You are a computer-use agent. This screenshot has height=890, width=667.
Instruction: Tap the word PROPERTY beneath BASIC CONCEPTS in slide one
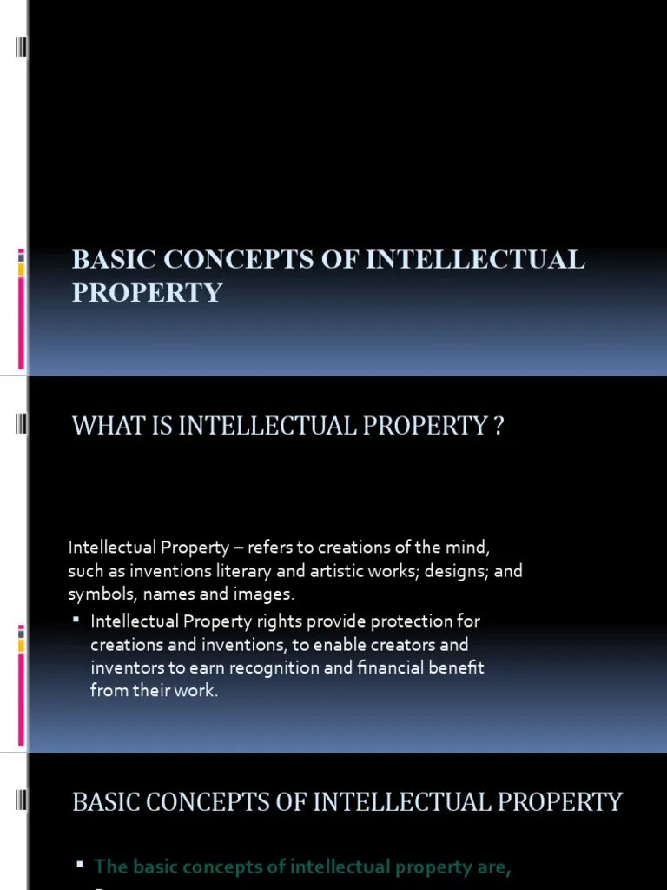click(147, 292)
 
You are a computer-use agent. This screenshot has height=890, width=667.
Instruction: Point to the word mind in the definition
click(469, 548)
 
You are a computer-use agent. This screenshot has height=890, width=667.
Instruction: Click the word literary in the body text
click(247, 571)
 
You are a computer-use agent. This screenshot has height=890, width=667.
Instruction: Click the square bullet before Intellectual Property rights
click(76, 620)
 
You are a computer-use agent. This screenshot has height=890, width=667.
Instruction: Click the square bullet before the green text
click(79, 841)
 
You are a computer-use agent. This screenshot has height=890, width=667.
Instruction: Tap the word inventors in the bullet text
click(123, 668)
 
